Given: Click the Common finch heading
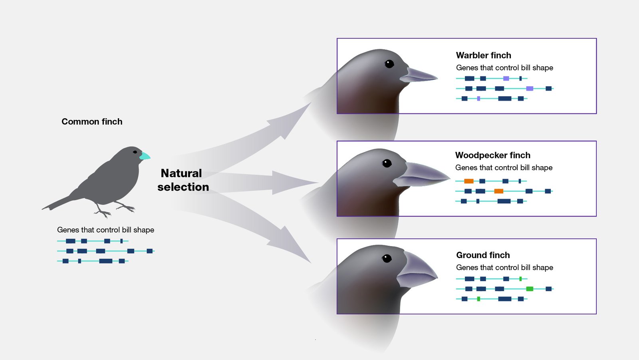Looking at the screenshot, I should pos(92,121).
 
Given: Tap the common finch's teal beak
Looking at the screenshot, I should pos(145,156).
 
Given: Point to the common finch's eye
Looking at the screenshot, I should pos(135,152).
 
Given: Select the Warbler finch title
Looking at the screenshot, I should pos(483,55).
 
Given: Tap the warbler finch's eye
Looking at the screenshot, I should pos(389,64).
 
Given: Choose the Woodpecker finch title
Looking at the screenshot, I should pos(492,155).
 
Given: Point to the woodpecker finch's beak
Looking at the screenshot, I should pos(423,175).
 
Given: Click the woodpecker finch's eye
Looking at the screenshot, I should pos(387,163).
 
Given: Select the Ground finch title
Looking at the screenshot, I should pos(483,255).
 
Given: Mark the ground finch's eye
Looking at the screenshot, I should pos(387,258).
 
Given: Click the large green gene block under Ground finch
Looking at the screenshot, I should pos(530,288).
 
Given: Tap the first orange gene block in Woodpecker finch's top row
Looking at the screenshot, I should pos(469,181).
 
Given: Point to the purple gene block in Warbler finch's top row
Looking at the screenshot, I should pos(506,78).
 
